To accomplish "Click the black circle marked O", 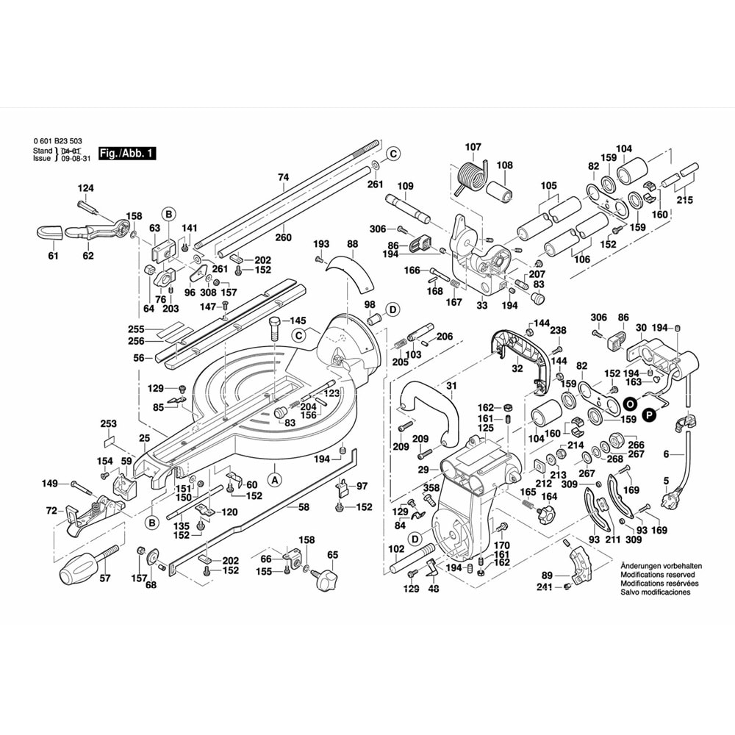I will point(630,404).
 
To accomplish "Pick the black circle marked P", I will point(648,416).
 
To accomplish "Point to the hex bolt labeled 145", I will point(276,331).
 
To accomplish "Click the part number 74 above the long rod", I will point(283,177).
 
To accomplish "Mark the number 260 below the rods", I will point(283,237).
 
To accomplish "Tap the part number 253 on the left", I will point(108,424).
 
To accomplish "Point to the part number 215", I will point(685,200).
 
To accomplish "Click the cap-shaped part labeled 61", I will point(49,234).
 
